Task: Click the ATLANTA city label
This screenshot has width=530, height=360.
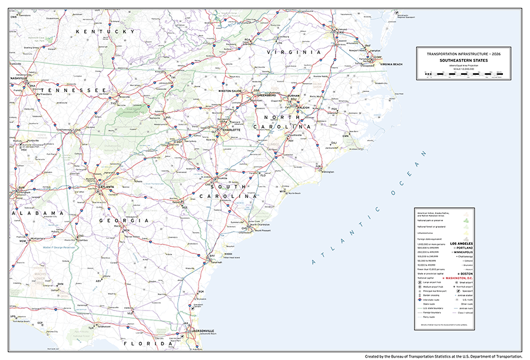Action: pyautogui.click(x=107, y=187)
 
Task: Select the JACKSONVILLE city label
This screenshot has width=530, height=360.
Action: pyautogui.click(x=202, y=331)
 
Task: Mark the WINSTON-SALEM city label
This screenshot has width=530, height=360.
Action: pyautogui.click(x=230, y=91)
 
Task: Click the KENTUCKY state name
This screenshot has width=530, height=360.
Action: pyautogui.click(x=110, y=31)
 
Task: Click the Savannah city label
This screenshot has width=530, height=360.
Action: pyautogui.click(x=216, y=262)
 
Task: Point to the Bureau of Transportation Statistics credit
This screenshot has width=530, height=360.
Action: pyautogui.click(x=443, y=356)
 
